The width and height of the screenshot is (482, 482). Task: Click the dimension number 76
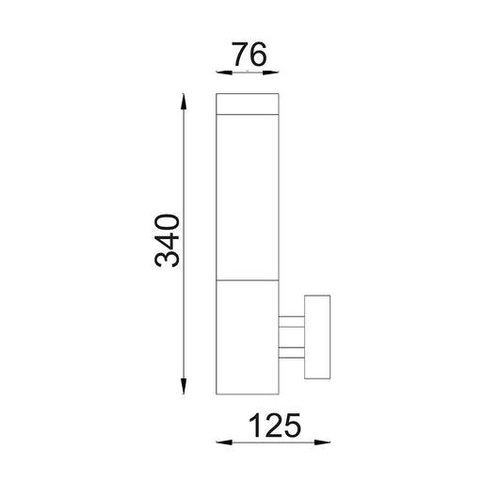249,55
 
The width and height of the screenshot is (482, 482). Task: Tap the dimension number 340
167,240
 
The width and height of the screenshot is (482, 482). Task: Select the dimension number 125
275,426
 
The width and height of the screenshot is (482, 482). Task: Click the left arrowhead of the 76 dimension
224,72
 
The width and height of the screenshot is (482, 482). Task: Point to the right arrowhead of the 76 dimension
271,72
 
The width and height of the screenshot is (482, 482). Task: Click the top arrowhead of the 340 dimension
184,102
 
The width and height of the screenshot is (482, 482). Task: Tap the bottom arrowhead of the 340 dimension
184,386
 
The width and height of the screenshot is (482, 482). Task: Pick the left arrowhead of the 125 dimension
224,442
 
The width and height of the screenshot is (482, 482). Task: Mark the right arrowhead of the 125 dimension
322,442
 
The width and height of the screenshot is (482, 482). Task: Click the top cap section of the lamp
248,104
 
